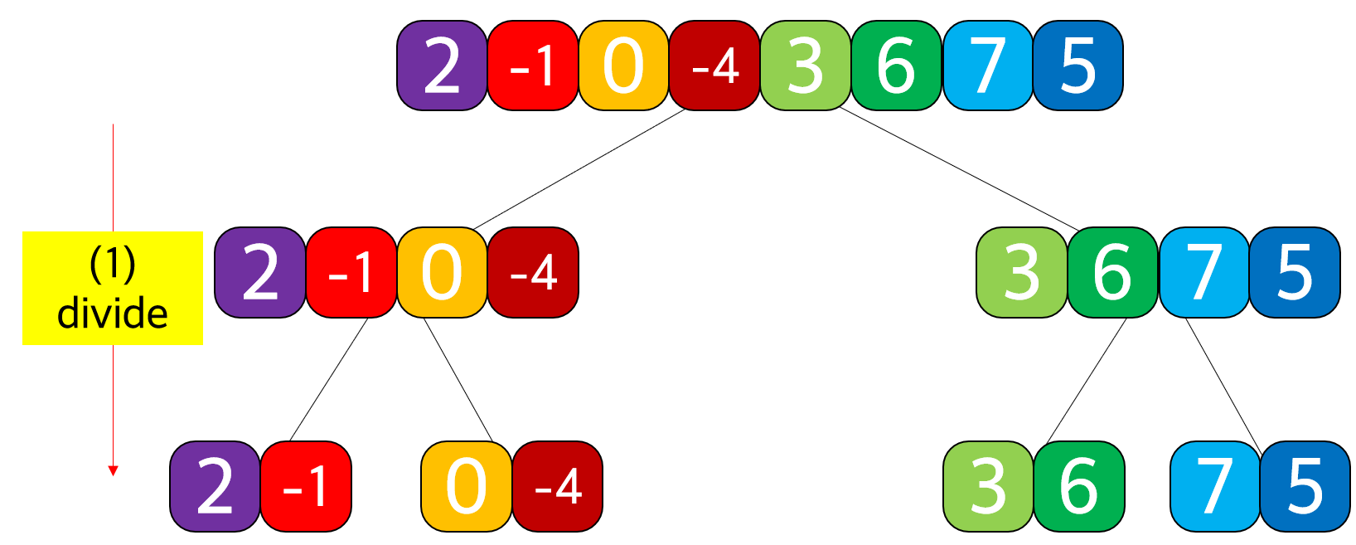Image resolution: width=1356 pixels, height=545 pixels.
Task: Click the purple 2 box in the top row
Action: click(x=442, y=66)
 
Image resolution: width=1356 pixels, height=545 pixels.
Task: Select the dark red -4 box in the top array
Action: click(x=714, y=66)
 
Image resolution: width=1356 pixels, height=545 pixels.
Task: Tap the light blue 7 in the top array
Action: click(x=987, y=66)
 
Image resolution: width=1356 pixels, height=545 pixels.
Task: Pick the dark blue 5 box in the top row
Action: click(x=1078, y=66)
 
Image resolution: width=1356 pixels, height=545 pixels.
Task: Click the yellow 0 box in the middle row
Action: click(x=442, y=272)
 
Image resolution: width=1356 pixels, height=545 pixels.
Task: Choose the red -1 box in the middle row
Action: click(x=351, y=272)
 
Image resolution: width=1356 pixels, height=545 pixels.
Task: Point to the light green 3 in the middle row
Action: click(x=1021, y=272)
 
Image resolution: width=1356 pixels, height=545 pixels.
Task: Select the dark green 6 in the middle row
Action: click(x=1112, y=272)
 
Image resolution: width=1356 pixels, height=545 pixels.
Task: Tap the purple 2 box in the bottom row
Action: click(x=215, y=486)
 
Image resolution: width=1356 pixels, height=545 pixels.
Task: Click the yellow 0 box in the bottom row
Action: click(x=466, y=486)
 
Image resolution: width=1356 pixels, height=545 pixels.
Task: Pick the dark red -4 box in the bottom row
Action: click(x=557, y=486)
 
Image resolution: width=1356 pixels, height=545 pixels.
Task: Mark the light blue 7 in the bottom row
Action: click(x=1214, y=486)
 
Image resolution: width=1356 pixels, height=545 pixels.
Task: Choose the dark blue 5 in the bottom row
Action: click(x=1305, y=486)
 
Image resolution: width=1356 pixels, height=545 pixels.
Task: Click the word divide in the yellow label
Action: click(x=113, y=314)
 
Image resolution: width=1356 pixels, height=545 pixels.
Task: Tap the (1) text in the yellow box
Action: click(x=113, y=264)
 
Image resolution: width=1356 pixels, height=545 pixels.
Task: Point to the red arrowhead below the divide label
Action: click(x=114, y=470)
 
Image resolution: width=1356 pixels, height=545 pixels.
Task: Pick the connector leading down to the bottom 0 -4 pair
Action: click(x=458, y=379)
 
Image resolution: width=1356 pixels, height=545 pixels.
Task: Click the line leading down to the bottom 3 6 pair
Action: click(x=1087, y=379)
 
